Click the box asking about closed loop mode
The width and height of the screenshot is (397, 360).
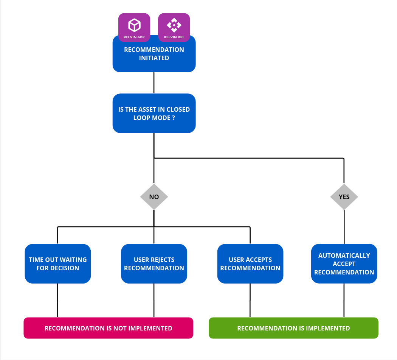click(154, 113)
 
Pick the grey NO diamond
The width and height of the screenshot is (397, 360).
click(154, 197)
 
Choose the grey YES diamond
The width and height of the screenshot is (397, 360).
click(344, 197)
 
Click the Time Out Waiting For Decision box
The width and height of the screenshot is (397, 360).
click(58, 264)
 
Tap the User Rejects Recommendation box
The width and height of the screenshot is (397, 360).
click(154, 264)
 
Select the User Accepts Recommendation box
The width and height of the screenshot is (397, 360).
click(250, 264)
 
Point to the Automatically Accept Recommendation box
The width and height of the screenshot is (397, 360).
click(344, 264)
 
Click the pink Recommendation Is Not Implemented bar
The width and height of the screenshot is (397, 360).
click(109, 328)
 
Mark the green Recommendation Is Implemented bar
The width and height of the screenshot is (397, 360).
click(293, 328)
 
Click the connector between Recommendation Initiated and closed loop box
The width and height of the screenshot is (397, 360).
click(154, 83)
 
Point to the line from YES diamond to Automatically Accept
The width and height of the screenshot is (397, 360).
click(344, 227)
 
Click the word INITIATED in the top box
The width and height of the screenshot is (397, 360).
click(154, 58)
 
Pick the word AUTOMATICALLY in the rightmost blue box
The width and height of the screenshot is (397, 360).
click(344, 256)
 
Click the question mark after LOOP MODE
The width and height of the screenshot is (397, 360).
click(173, 118)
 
